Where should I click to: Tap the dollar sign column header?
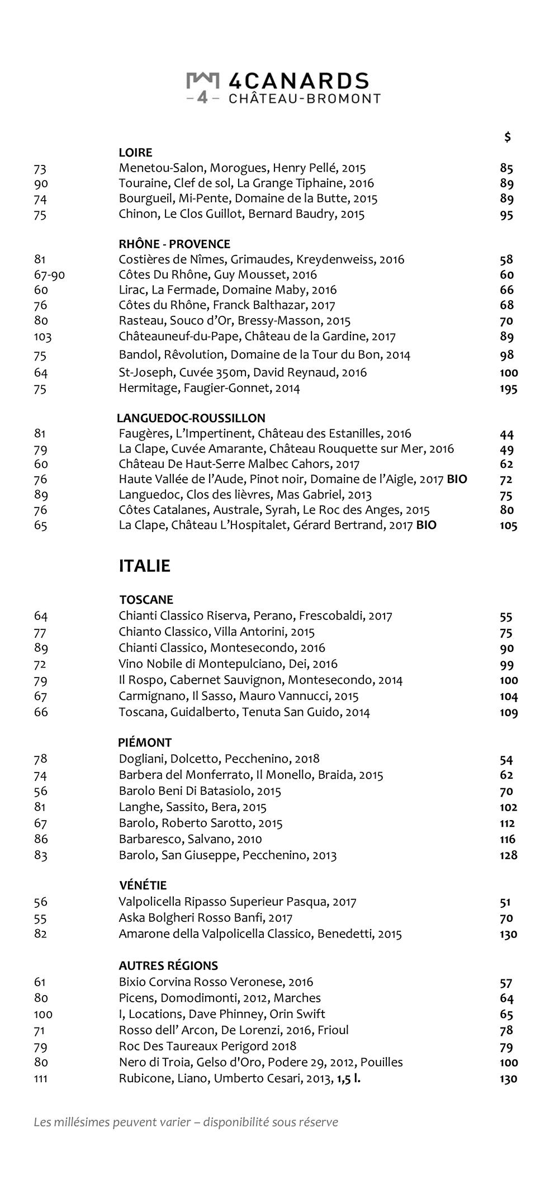coord(507,137)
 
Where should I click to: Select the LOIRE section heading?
coord(135,153)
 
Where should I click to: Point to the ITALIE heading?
coord(144,566)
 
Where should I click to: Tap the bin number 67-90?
coord(49,275)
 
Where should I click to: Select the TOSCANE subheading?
coord(146,600)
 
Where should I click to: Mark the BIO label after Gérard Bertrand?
coord(427,525)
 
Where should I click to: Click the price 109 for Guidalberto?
coord(508,713)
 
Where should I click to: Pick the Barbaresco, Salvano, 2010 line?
coord(190,839)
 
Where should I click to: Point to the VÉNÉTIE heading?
coord(143,885)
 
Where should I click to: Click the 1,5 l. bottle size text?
coord(348,1078)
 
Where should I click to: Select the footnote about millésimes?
coord(186,1122)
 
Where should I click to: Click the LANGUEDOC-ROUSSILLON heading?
coord(191,418)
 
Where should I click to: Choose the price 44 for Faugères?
coord(506,434)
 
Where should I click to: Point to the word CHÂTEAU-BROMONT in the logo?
coord(305,99)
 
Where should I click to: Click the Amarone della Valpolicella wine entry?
coord(260,934)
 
